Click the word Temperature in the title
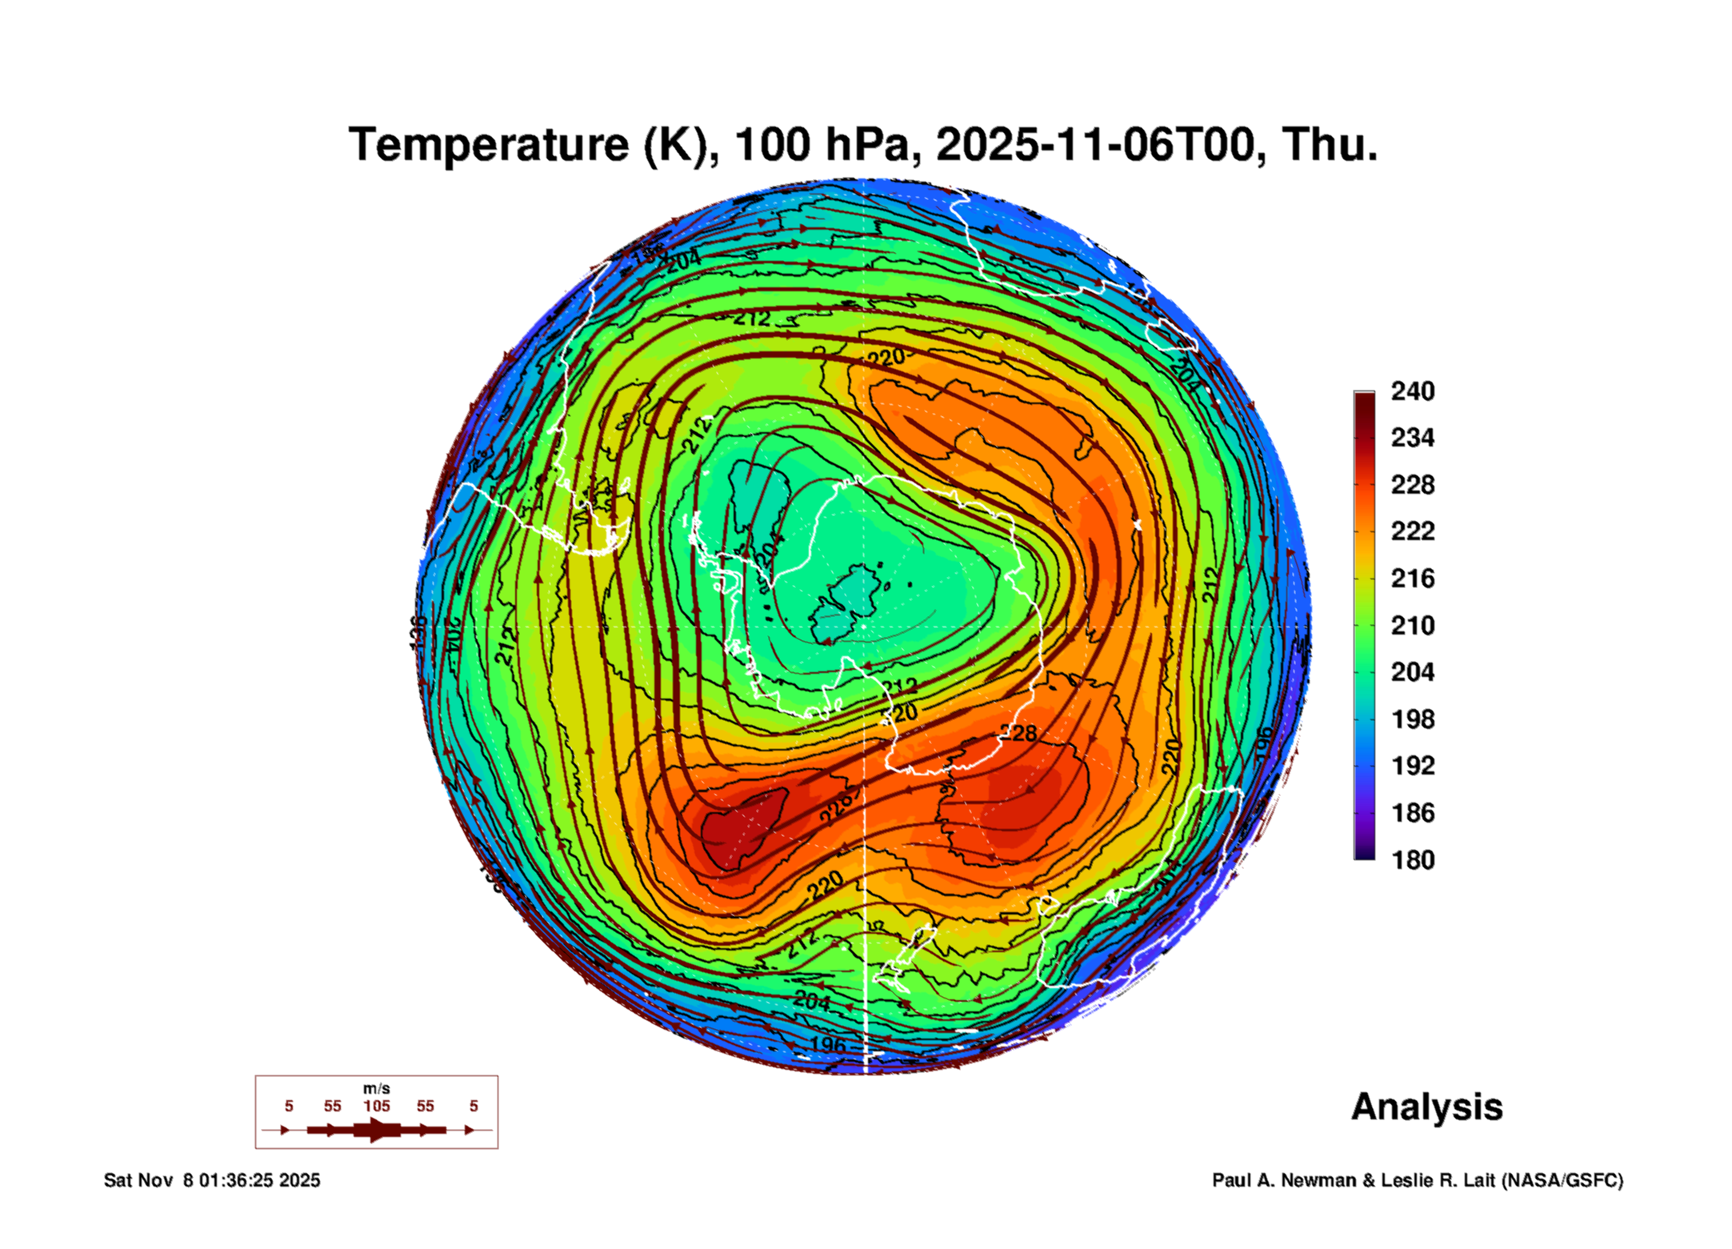(x=489, y=146)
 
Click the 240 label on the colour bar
(x=1412, y=391)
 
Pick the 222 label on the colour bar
(x=1412, y=531)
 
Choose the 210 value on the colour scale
(x=1412, y=626)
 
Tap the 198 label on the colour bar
(x=1412, y=719)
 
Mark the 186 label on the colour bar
(x=1412, y=813)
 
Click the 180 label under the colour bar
(x=1412, y=860)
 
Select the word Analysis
(x=1426, y=1107)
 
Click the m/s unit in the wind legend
(x=376, y=1089)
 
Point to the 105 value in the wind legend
(x=376, y=1107)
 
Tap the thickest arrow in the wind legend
(x=376, y=1130)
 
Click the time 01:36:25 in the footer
(x=237, y=1181)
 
